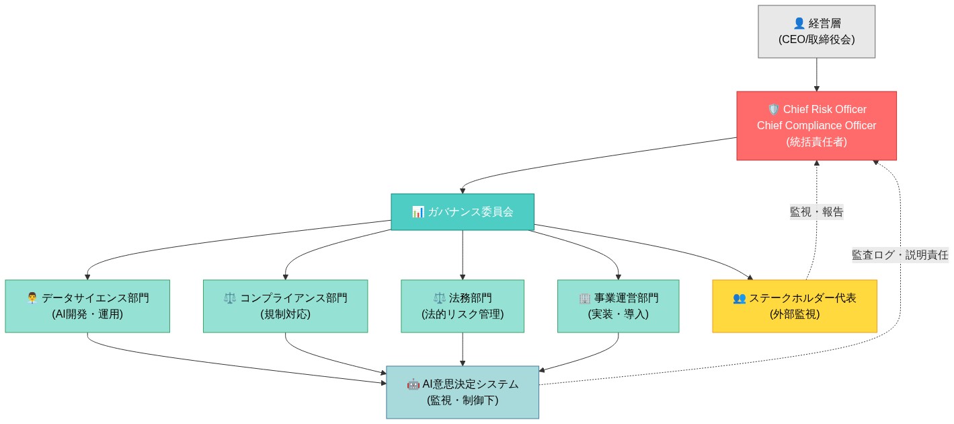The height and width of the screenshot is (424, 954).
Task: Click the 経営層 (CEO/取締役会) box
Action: click(x=816, y=32)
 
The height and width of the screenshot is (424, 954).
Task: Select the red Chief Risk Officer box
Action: click(x=816, y=126)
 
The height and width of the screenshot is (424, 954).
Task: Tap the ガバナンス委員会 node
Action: click(x=463, y=212)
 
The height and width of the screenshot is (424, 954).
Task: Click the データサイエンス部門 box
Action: click(x=87, y=306)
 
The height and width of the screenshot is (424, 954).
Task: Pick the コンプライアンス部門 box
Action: click(x=285, y=306)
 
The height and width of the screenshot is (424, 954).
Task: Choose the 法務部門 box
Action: click(x=463, y=306)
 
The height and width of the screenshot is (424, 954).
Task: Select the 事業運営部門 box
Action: click(x=618, y=306)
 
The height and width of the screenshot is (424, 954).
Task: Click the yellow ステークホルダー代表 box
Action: click(x=795, y=306)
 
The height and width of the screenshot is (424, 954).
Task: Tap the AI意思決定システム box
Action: click(x=463, y=392)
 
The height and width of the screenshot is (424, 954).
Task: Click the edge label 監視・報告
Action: click(x=816, y=212)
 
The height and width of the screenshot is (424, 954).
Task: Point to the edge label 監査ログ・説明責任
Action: click(x=900, y=255)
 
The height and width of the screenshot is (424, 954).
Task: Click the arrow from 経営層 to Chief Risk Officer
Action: click(x=816, y=74)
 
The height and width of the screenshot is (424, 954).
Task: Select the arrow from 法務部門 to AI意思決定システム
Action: click(x=463, y=349)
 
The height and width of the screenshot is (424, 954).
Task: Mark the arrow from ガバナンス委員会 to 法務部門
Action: click(x=463, y=254)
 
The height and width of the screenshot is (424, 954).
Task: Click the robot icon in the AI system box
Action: click(x=413, y=384)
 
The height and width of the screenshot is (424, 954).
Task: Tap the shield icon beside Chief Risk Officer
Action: click(x=773, y=110)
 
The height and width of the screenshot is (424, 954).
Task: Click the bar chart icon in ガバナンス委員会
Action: click(x=418, y=212)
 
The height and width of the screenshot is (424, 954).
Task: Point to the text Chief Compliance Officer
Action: click(x=816, y=126)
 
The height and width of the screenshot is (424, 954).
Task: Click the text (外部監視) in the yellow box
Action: click(x=795, y=314)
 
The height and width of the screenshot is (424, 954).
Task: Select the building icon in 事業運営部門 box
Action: click(x=584, y=298)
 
